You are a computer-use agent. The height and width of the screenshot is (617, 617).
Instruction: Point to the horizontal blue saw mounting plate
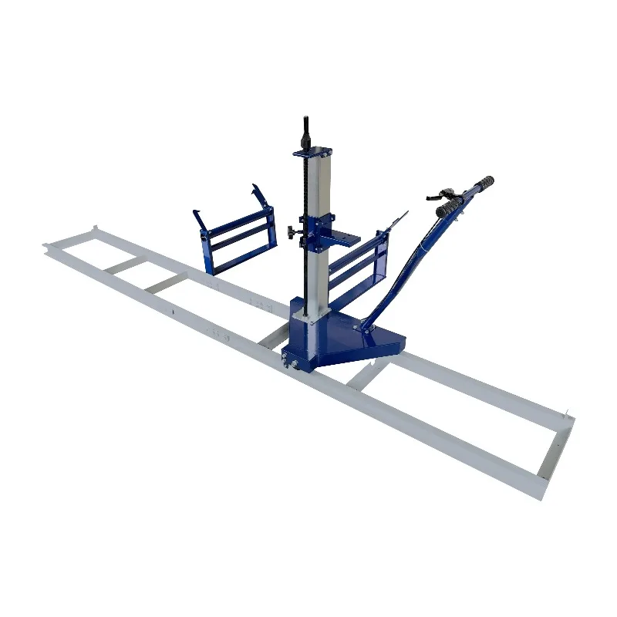[x=346, y=240]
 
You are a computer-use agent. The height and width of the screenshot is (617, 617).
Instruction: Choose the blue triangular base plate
[x=355, y=339]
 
